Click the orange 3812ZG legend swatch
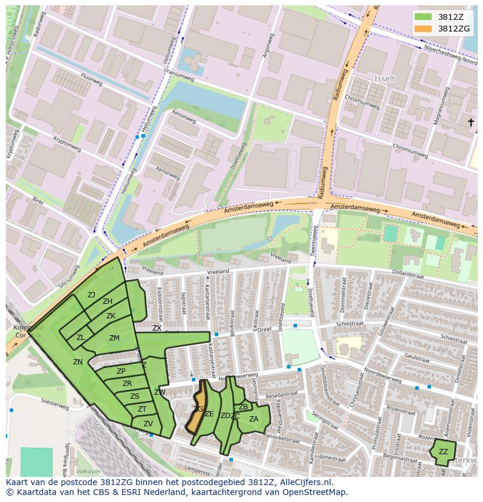point(423,29)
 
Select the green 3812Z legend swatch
point(423,16)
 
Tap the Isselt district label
point(384,78)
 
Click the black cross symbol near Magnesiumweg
point(470,122)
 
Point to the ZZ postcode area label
point(443,452)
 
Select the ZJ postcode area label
point(92,294)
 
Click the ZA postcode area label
point(254,419)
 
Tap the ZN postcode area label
point(78,362)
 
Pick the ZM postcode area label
point(114,338)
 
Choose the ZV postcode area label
point(148,424)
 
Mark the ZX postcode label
point(157,328)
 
